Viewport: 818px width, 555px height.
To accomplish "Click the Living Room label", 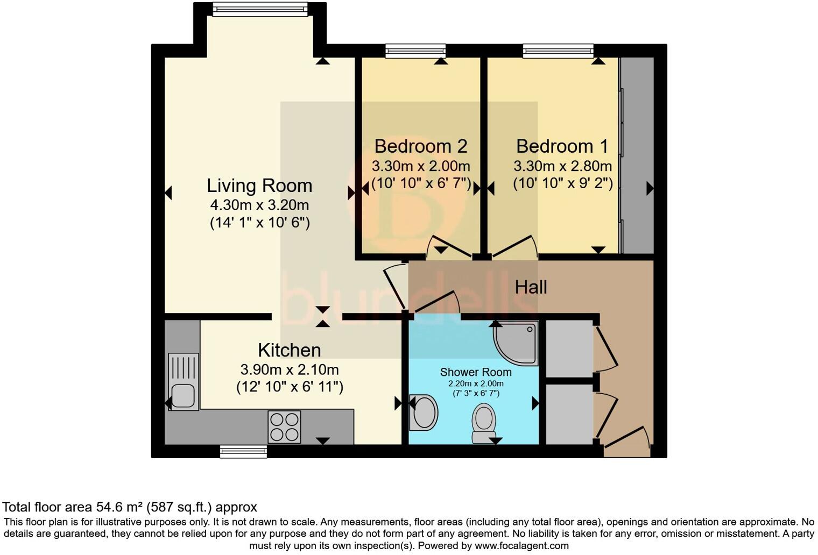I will (259, 186).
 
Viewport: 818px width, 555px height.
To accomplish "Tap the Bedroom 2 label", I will (420, 146).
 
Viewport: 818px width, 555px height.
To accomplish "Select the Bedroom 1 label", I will (562, 146).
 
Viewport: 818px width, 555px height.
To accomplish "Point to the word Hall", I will (531, 287).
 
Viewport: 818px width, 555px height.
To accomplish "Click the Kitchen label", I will (290, 350).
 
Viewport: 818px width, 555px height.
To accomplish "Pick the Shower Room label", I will (476, 372).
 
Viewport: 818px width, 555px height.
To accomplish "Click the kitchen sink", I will (184, 382).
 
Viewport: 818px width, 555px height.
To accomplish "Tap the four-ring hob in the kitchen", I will (284, 427).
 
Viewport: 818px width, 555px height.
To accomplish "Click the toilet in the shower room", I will (484, 423).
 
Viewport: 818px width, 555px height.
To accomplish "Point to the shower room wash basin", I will (424, 413).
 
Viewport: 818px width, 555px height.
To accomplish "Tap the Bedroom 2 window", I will (415, 51).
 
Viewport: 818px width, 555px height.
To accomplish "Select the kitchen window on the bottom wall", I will (243, 452).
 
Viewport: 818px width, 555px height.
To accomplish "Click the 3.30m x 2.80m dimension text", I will (562, 166).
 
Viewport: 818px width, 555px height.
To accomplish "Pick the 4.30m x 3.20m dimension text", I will (259, 205).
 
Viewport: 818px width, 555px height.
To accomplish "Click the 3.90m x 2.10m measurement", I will (290, 369).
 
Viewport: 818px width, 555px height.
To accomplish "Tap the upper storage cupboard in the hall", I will (569, 348).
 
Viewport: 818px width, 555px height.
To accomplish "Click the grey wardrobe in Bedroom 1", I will (637, 156).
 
